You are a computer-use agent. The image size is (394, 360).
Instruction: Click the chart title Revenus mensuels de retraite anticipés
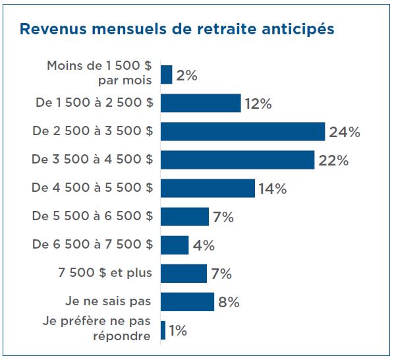[x=177, y=30]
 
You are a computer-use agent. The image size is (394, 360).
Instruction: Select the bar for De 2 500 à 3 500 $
[x=242, y=132]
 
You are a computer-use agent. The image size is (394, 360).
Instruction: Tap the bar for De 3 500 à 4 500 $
[x=237, y=160]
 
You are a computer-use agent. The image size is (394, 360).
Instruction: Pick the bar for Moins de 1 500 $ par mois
[x=166, y=75]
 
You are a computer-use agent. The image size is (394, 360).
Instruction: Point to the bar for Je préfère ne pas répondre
[x=163, y=330]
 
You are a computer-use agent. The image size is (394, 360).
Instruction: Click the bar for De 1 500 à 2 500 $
[x=200, y=104]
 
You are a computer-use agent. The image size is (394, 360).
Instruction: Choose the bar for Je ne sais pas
[x=187, y=302]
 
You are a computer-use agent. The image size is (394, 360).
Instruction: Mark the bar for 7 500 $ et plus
[x=184, y=274]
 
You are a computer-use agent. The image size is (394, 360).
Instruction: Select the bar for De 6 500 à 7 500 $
[x=175, y=245]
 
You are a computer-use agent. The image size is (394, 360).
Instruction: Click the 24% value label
[x=345, y=133]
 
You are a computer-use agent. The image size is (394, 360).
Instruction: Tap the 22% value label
[x=333, y=161]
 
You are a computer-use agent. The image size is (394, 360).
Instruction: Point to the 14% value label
[x=272, y=189]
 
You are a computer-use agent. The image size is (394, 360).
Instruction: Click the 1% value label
[x=178, y=330]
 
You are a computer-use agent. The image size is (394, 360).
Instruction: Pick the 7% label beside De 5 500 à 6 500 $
[x=223, y=218]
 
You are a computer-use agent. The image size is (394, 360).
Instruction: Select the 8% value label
[x=228, y=303]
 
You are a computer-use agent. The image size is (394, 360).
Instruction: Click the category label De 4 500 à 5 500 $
[x=92, y=188]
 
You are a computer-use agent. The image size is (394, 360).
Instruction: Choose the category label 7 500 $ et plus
[x=105, y=273]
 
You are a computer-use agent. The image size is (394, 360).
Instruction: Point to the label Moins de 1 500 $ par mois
[x=99, y=73]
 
